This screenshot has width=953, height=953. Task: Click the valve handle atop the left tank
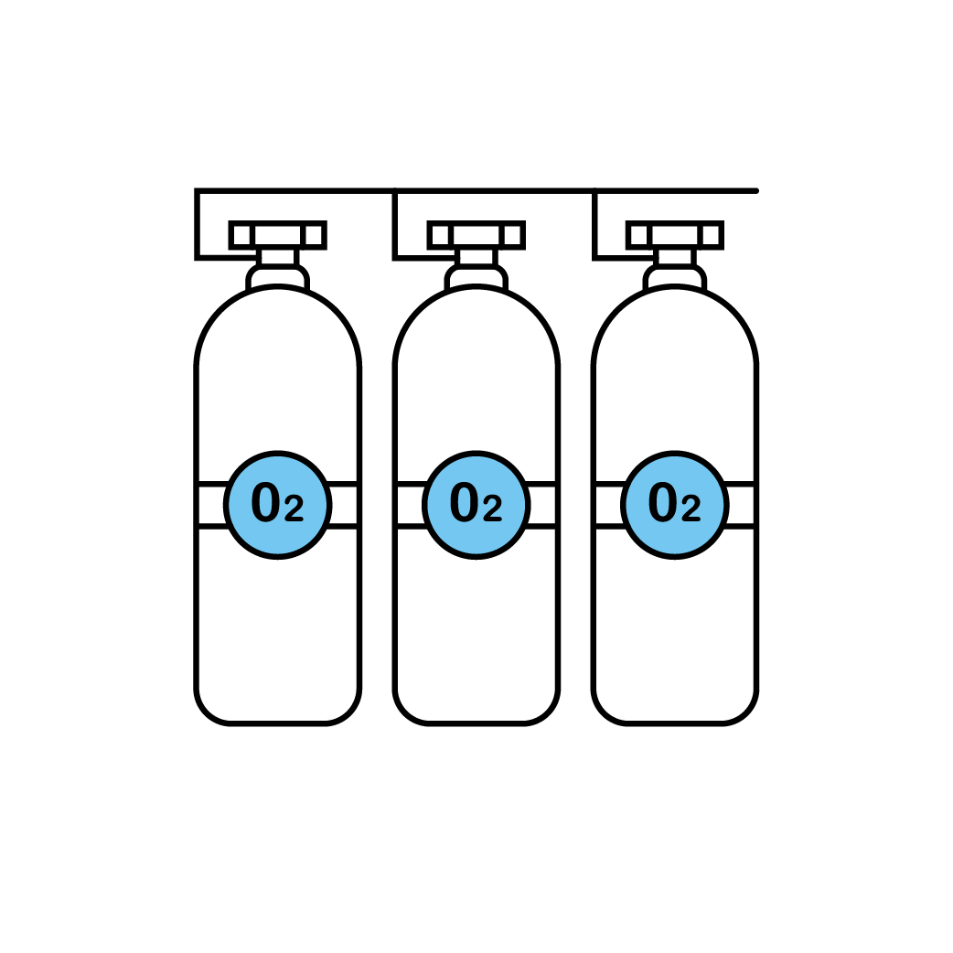tap(277, 235)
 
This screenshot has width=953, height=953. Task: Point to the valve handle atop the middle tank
tap(476, 235)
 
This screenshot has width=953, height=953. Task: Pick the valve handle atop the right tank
tap(674, 235)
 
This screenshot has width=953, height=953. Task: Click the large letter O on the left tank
tap(264, 503)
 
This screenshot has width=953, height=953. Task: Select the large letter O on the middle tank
tap(463, 503)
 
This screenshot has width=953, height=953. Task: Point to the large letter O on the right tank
tap(661, 503)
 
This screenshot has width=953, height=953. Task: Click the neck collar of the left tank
tap(277, 278)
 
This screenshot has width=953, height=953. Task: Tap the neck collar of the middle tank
tap(476, 278)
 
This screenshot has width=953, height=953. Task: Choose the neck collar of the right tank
tap(674, 278)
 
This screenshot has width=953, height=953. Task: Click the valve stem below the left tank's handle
tap(277, 257)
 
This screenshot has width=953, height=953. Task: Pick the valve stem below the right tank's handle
tap(674, 257)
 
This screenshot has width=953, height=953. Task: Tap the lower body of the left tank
tap(277, 631)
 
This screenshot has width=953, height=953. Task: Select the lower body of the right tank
tap(674, 631)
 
